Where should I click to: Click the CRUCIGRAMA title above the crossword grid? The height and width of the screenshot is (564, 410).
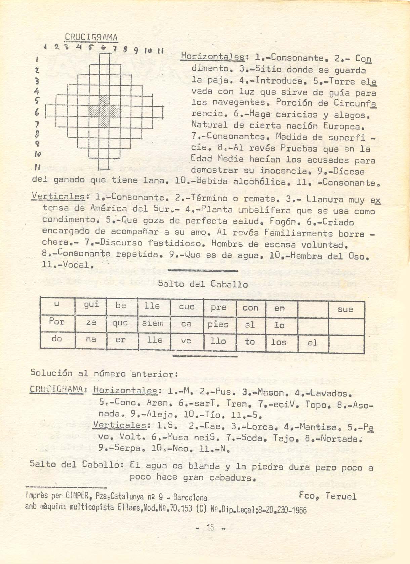[x=91, y=37]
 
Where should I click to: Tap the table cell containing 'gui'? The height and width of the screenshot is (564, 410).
[x=91, y=305]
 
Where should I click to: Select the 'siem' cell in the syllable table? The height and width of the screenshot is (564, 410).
[x=153, y=324]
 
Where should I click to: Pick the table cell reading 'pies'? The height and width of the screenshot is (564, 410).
[x=218, y=325]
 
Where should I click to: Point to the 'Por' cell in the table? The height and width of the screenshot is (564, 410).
[x=56, y=322]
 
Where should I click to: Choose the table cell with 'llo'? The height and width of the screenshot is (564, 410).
[x=218, y=342]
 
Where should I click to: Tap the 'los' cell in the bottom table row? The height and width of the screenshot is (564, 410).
[x=279, y=343]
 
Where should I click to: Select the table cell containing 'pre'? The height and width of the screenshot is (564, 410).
[x=218, y=308]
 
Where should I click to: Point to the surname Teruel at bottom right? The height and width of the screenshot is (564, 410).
[x=341, y=496]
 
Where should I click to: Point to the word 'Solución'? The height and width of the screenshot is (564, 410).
[x=51, y=373]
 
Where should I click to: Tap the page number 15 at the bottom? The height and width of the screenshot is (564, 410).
[x=211, y=528]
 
